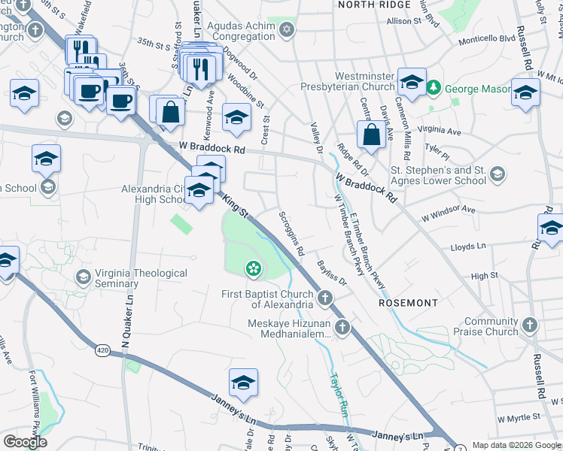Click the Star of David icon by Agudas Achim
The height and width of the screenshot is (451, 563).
point(285,31)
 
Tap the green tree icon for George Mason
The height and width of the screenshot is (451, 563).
point(434,89)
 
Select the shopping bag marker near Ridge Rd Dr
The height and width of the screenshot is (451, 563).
point(372,135)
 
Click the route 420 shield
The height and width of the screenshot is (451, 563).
point(103,350)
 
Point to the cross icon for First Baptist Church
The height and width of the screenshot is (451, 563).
point(325,298)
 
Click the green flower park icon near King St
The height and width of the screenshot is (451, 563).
point(254,267)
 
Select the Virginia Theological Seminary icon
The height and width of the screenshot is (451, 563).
point(83,279)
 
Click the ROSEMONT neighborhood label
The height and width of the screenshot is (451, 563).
point(408,303)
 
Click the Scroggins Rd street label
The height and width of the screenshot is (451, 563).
point(291,231)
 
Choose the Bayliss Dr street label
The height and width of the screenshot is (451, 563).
point(330,272)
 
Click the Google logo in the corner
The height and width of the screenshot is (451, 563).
point(25,442)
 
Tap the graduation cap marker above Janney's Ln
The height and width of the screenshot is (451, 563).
point(243,383)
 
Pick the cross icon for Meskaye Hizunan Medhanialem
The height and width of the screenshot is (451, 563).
point(342,327)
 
